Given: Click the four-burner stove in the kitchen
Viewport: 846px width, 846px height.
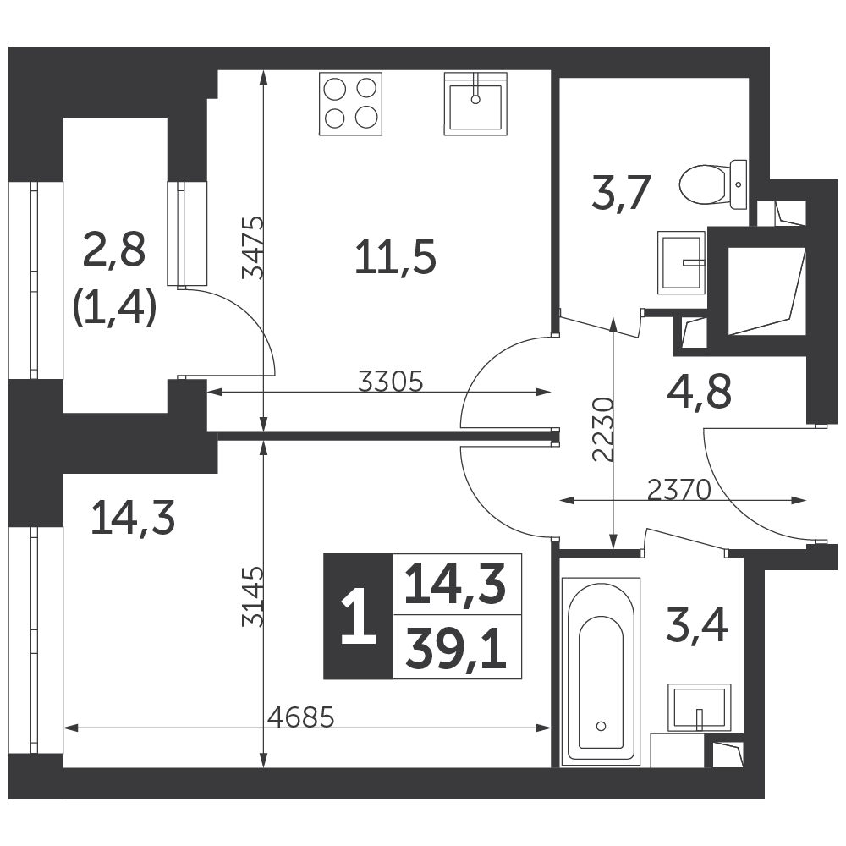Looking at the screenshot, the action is point(350,103).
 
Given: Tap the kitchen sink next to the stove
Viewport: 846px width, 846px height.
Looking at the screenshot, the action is point(475,103).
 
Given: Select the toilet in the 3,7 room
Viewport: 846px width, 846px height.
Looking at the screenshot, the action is point(713,184).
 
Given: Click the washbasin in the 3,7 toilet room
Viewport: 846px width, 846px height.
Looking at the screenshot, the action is point(681,263).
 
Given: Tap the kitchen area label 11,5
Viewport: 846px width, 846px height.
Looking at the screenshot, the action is point(395,258).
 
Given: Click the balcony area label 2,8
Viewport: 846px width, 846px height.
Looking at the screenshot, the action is point(114,250).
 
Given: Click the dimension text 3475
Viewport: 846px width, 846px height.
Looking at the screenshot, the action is point(252,248).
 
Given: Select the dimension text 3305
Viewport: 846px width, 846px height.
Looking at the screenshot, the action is point(391,382).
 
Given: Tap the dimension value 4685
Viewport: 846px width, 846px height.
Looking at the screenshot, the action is point(301,717).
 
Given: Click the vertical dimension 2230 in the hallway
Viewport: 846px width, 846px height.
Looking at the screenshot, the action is point(602,430).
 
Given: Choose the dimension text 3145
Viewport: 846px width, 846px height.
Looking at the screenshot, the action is point(252,596).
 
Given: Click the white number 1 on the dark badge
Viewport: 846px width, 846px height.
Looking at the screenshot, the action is point(358,616).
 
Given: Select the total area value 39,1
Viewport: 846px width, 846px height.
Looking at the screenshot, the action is point(457,649).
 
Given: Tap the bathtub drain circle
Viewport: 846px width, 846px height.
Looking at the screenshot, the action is point(601,726).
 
